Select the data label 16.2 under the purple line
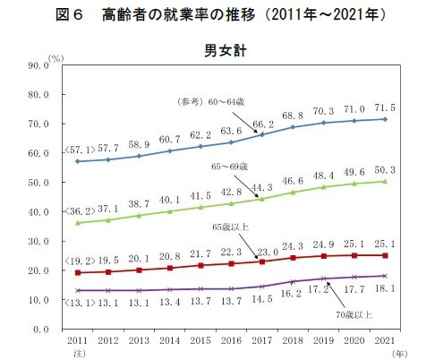coord(290,292)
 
